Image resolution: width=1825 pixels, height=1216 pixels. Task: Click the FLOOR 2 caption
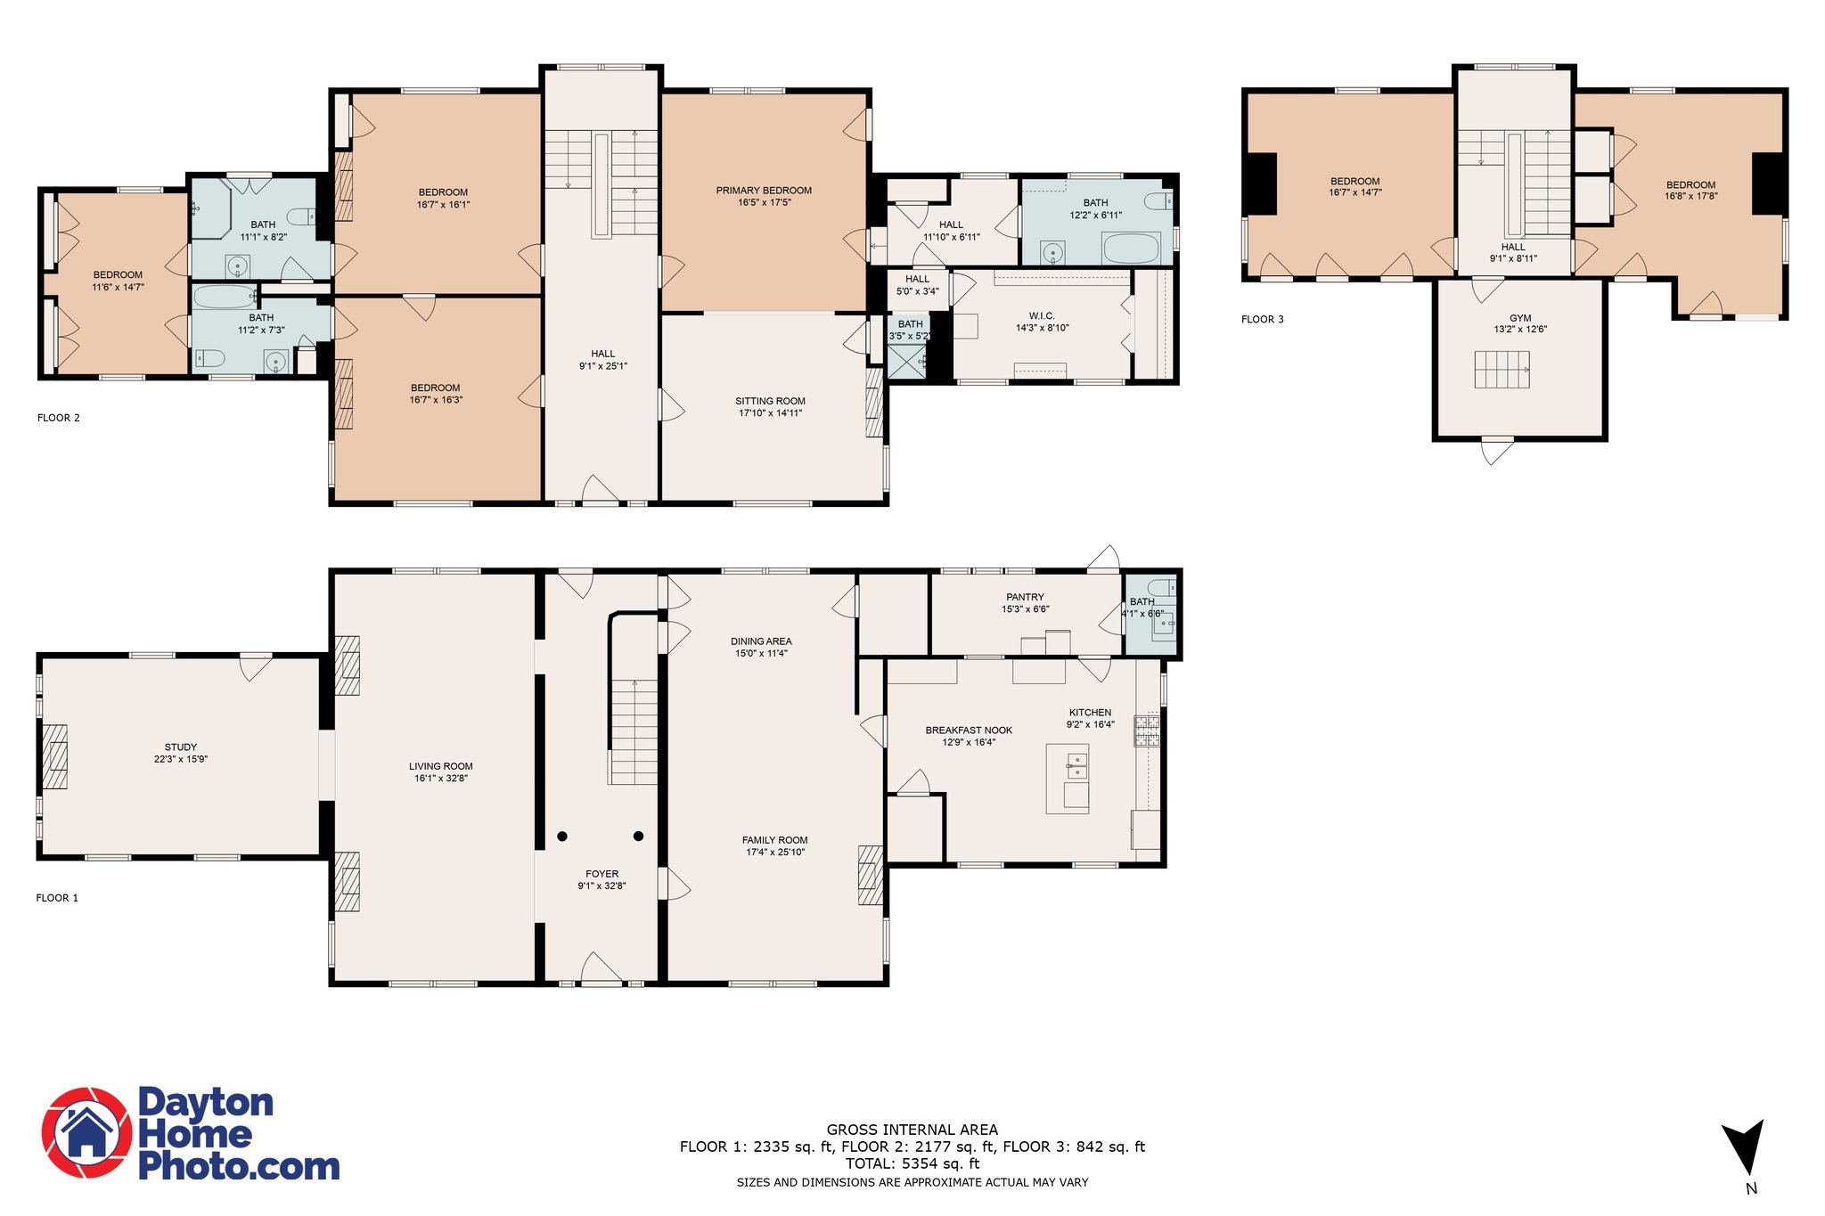(59, 418)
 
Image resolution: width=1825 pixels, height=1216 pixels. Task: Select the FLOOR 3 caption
(1263, 319)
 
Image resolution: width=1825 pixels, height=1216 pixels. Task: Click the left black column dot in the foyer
(562, 836)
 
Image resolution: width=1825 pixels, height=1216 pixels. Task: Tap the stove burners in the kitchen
(1147, 730)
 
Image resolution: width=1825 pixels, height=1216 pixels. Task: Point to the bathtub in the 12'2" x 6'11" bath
(1131, 249)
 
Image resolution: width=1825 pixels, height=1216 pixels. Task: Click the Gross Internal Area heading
(912, 1130)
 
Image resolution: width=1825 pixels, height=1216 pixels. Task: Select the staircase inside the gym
(1502, 370)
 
